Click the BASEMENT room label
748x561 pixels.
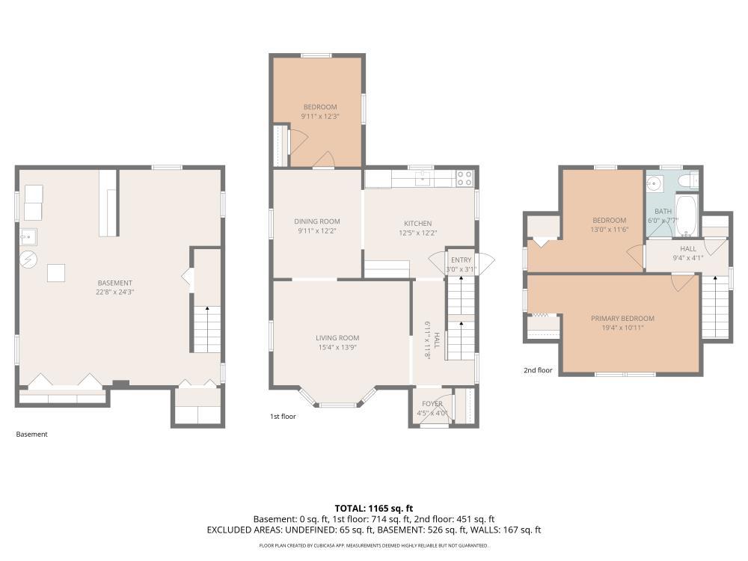(x=114, y=283)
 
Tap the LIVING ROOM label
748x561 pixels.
(x=337, y=338)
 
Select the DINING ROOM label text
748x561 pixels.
(x=316, y=221)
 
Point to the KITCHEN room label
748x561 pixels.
(x=418, y=223)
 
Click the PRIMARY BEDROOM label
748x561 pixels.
(x=622, y=318)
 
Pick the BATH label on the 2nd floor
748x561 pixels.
(x=663, y=212)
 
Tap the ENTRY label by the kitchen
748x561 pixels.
(x=461, y=260)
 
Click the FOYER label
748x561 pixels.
(x=432, y=404)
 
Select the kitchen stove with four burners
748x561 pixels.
(x=465, y=179)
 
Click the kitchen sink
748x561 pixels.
(x=422, y=179)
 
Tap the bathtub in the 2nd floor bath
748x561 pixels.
(x=687, y=215)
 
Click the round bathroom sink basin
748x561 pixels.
(x=654, y=183)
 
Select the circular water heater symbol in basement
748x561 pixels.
(x=28, y=259)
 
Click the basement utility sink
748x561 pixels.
(x=28, y=236)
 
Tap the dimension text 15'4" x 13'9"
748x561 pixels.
(x=337, y=347)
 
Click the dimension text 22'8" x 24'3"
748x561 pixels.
(x=114, y=292)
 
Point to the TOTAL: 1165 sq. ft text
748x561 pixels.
(x=373, y=509)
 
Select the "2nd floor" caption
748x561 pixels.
(x=538, y=370)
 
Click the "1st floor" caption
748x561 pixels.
(x=283, y=417)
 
